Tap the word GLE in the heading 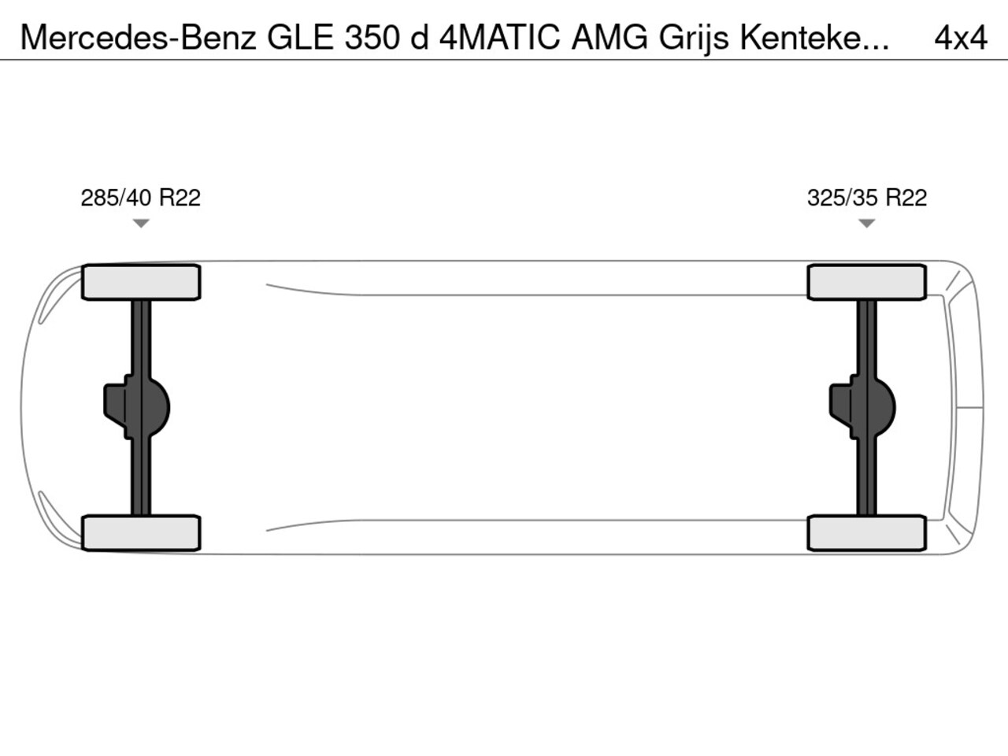300,37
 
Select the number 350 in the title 372,37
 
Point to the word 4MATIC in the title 499,37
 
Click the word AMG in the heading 610,37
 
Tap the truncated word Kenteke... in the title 814,37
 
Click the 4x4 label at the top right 960,38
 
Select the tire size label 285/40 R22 140,198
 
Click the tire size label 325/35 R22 867,198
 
